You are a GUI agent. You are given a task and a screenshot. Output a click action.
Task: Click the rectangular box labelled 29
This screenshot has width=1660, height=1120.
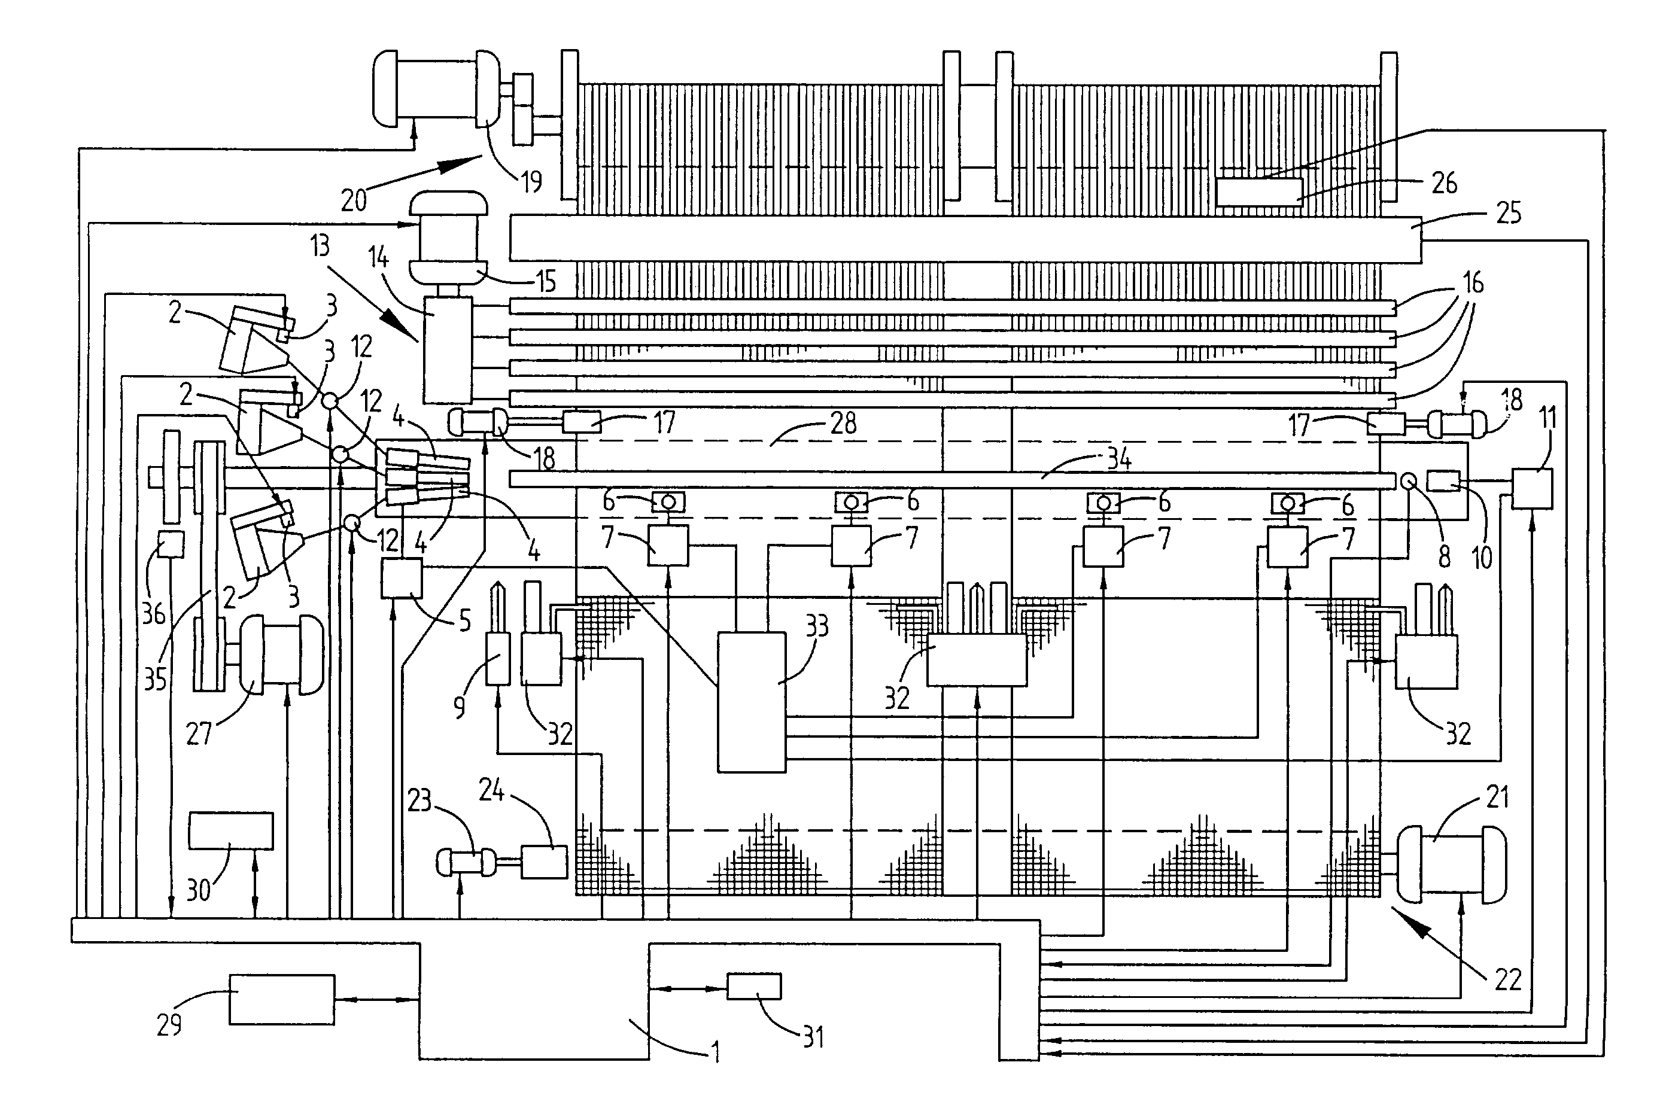281,999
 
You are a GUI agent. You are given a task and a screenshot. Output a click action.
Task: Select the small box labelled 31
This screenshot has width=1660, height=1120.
753,987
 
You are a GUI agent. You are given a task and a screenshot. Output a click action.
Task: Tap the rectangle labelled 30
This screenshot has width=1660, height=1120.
231,830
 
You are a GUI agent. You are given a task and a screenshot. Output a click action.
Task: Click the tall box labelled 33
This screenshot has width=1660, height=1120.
752,702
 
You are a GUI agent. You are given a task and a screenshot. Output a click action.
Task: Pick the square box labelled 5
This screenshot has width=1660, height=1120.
402,579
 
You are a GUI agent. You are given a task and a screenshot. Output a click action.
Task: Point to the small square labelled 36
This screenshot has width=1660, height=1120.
171,545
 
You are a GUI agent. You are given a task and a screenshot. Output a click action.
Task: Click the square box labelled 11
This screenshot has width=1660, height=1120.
1532,489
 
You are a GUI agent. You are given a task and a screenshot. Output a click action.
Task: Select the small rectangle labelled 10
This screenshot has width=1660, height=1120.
1443,480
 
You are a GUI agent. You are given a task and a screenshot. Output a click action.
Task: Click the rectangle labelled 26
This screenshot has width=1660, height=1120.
1258,192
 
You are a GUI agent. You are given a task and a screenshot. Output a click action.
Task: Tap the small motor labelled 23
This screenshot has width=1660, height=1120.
466,862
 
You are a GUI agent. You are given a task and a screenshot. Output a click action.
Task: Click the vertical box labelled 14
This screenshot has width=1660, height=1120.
448,350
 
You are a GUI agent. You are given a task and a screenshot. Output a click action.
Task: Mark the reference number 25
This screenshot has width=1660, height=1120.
1508,213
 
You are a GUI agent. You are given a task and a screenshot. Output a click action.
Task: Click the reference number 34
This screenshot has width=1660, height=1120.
1118,459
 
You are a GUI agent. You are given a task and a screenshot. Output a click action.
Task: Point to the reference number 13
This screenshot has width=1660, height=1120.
320,246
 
